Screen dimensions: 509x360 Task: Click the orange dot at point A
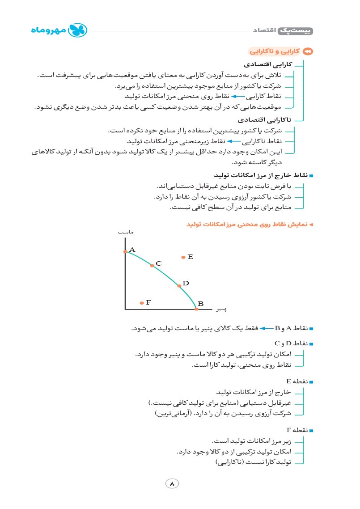pos(125,252)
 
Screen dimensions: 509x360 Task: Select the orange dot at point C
pos(152,265)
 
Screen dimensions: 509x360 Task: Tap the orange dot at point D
pos(179,285)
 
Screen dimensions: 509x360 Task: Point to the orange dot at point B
pos(196,309)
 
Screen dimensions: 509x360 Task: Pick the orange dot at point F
pos(142,303)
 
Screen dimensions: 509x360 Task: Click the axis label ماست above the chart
pos(126,232)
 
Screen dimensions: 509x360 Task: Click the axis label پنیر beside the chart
pos(220,309)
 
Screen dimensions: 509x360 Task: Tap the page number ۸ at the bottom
pos(172,484)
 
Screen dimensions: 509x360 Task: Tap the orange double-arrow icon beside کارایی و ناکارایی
pos(308,52)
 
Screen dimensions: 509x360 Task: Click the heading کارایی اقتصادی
pos(268,65)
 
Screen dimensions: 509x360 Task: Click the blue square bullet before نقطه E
pos(311,382)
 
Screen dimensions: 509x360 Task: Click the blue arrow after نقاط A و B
pos(266,329)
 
